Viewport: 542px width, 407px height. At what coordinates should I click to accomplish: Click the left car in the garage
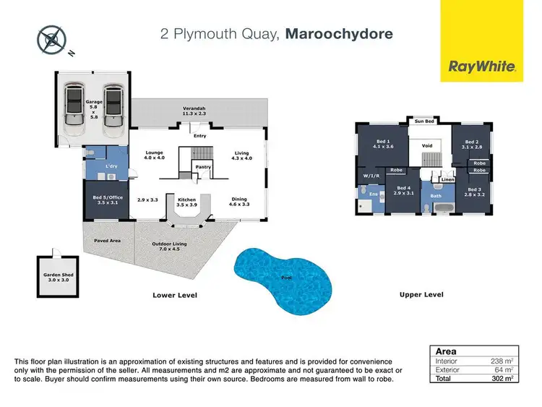pos(75,110)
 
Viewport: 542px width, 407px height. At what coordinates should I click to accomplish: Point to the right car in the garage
pos(112,110)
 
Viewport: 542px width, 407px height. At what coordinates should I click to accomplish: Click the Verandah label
pos(194,111)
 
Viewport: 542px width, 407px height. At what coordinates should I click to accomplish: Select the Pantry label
pos(204,166)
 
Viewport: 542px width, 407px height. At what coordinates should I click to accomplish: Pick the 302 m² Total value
pos(503,378)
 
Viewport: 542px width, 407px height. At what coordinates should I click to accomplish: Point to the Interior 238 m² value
pos(503,361)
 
